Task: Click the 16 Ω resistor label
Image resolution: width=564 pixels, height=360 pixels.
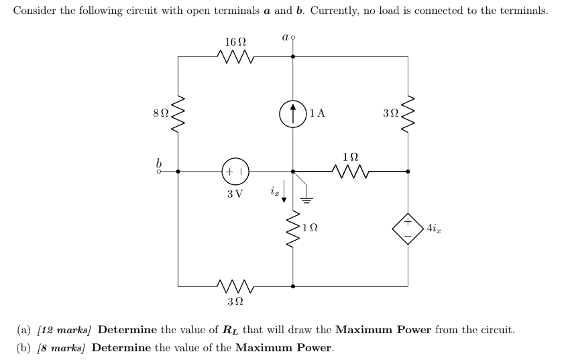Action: tap(235, 42)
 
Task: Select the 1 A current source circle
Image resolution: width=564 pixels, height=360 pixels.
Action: tap(293, 113)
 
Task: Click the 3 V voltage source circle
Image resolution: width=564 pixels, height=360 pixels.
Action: tap(235, 171)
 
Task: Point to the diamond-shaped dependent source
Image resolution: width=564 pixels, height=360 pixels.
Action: tap(408, 228)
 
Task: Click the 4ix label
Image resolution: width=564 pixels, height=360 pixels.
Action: tap(433, 228)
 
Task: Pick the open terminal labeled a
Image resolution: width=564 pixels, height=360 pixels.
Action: tap(292, 38)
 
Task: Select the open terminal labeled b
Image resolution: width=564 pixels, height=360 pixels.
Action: tap(160, 171)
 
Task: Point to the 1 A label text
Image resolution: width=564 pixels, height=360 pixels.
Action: tap(318, 113)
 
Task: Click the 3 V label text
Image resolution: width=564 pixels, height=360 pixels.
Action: tap(235, 194)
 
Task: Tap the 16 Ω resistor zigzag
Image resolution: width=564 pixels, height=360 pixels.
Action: tap(235, 57)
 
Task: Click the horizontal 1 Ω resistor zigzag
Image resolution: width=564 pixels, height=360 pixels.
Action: tap(351, 171)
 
